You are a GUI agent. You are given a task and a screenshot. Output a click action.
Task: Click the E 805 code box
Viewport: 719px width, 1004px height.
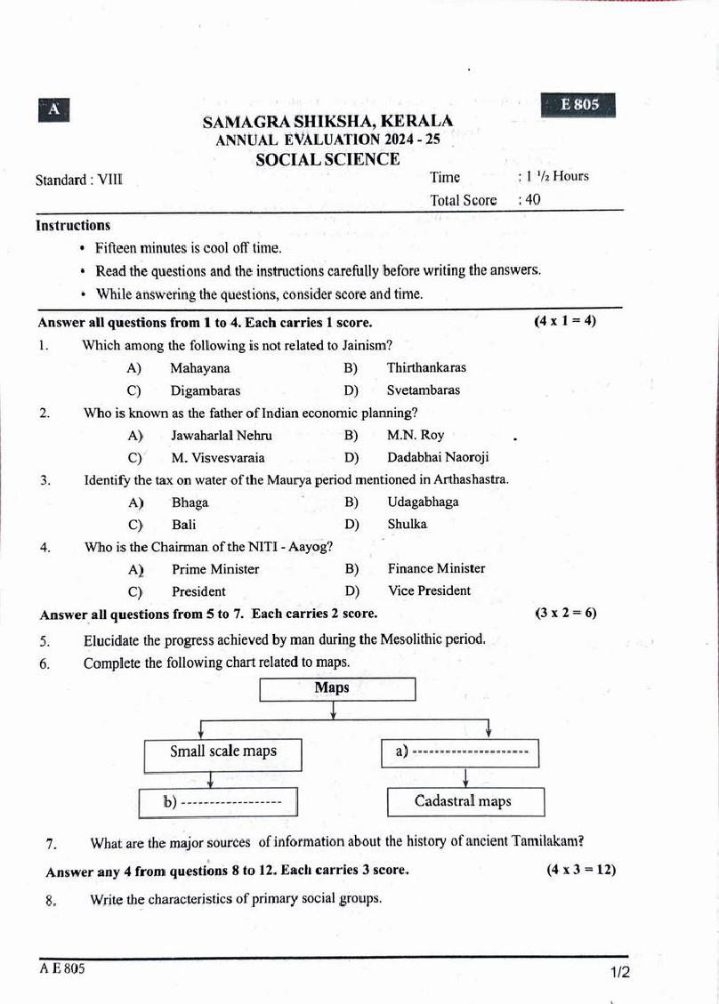tap(578, 105)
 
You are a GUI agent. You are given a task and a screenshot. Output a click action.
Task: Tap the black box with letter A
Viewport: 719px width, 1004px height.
tap(54, 109)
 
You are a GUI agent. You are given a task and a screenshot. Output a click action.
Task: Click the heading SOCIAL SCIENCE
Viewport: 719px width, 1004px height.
tap(327, 160)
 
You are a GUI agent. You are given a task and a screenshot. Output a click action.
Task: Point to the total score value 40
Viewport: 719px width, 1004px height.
tap(532, 200)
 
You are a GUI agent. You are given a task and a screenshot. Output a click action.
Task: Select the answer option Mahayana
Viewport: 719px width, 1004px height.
tap(200, 368)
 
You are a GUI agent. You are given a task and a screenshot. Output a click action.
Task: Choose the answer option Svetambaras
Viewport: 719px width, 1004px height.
tap(424, 390)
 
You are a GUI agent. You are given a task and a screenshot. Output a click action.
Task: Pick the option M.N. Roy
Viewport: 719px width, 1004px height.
tap(416, 436)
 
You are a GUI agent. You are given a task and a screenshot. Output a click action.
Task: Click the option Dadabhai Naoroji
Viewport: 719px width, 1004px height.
tap(438, 458)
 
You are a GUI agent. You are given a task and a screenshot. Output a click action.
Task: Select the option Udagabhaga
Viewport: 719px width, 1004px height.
tap(423, 502)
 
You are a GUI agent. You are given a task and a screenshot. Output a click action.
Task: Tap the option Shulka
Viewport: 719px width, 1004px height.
tap(407, 525)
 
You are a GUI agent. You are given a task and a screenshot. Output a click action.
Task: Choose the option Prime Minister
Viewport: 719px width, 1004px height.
tap(215, 569)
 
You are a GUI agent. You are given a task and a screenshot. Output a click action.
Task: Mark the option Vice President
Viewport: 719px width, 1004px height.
tap(429, 591)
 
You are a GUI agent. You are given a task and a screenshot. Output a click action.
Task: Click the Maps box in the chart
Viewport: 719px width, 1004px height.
tap(337, 689)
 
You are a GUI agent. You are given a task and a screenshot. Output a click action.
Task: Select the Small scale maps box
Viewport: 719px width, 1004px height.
tap(222, 752)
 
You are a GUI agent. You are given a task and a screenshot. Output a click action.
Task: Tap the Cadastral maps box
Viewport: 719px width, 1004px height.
tap(463, 802)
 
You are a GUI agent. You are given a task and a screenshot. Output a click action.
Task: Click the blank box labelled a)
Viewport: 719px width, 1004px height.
tap(463, 753)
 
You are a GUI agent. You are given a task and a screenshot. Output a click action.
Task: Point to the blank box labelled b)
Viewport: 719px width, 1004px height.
tap(217, 803)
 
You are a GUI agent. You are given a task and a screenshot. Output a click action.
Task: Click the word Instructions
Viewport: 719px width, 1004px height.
tap(73, 226)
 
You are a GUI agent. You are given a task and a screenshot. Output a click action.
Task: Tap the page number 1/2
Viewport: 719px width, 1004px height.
tap(620, 973)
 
